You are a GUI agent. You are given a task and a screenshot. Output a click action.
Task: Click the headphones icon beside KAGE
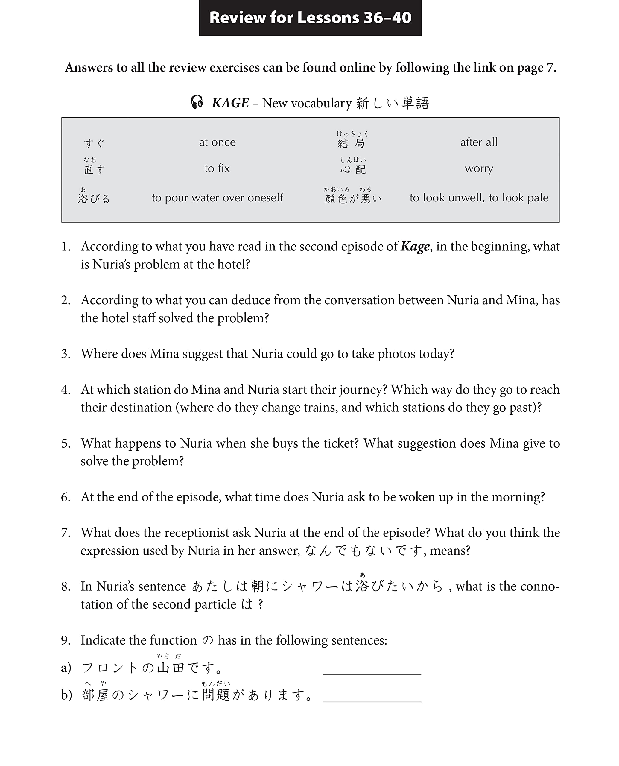pyautogui.click(x=197, y=102)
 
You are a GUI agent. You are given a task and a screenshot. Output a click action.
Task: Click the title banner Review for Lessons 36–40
pyautogui.click(x=310, y=18)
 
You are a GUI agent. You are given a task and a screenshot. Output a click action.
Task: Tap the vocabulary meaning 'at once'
pyautogui.click(x=217, y=142)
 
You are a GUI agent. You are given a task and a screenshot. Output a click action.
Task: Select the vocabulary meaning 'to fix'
pyautogui.click(x=217, y=168)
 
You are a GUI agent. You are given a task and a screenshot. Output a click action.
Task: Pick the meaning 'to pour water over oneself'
pyautogui.click(x=217, y=197)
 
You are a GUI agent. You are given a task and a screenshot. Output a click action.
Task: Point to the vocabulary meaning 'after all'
pyautogui.click(x=478, y=142)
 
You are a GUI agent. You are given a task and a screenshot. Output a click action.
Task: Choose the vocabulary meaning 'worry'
pyautogui.click(x=478, y=168)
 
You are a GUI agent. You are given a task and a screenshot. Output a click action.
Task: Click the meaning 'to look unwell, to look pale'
pyautogui.click(x=478, y=197)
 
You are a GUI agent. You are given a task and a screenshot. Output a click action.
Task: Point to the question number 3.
pyautogui.click(x=66, y=354)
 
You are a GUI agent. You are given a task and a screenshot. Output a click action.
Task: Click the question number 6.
pyautogui.click(x=66, y=497)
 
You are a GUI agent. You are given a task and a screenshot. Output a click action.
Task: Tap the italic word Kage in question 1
pyautogui.click(x=415, y=247)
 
